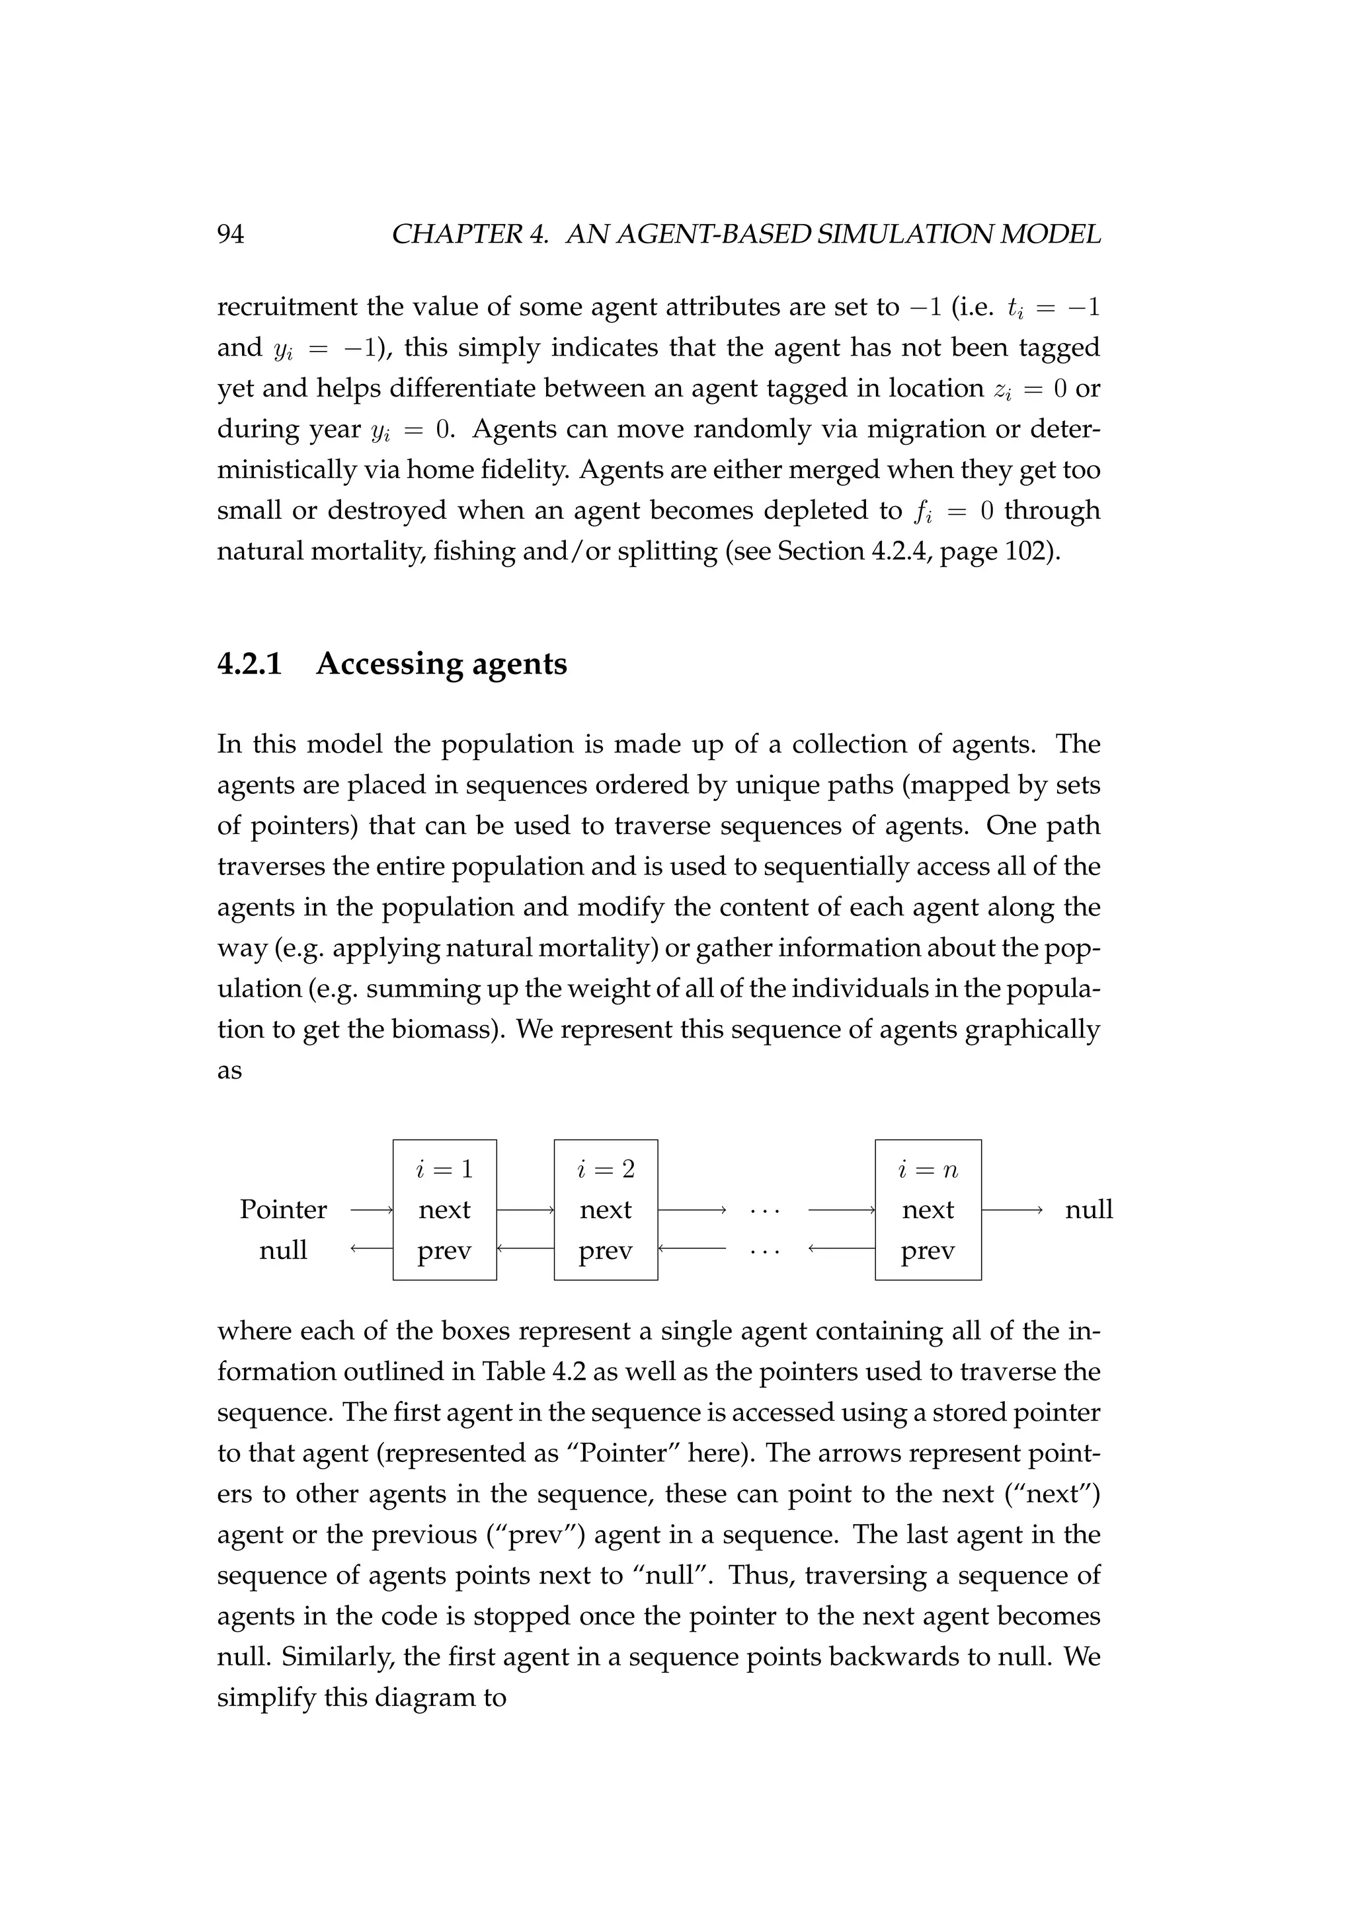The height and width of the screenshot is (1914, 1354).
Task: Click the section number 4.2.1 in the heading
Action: [x=250, y=664]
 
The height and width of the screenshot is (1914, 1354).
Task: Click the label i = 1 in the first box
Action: [x=444, y=1170]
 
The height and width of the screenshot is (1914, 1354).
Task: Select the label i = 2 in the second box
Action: [x=606, y=1170]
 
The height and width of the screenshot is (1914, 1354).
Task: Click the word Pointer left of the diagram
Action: [x=283, y=1209]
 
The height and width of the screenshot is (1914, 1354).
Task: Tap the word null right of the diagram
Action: [x=1088, y=1209]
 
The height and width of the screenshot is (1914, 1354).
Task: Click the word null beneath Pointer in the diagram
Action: [x=283, y=1250]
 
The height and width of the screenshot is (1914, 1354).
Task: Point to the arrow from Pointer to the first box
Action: [x=371, y=1209]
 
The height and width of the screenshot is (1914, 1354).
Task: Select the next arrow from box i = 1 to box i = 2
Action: [x=525, y=1209]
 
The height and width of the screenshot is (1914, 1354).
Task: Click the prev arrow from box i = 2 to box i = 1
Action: [x=525, y=1248]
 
